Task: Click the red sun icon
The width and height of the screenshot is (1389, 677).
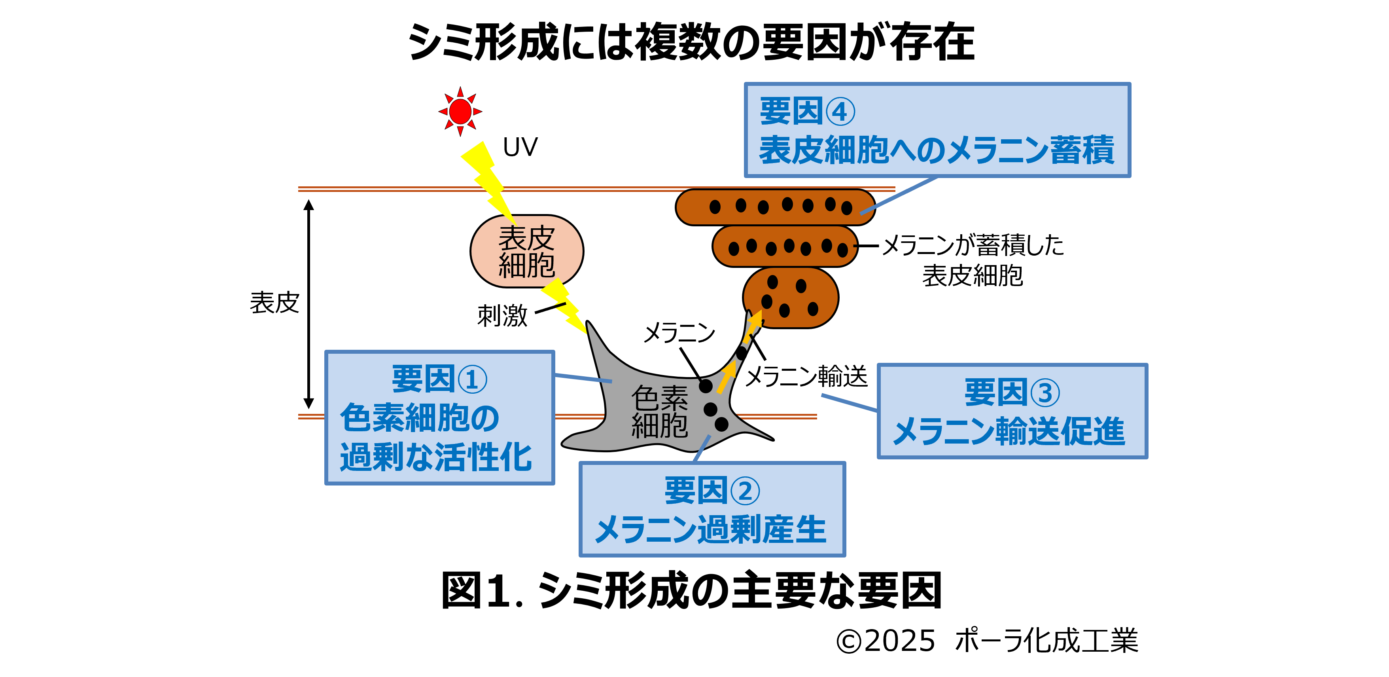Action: click(x=460, y=111)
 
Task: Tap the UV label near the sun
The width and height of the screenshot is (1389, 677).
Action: click(x=520, y=147)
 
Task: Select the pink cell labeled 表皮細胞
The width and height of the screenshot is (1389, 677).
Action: click(x=526, y=251)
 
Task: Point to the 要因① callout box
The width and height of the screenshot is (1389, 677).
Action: click(x=439, y=417)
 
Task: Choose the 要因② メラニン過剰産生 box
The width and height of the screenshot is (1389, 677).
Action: click(x=712, y=509)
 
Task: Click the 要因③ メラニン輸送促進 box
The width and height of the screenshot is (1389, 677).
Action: click(x=1012, y=411)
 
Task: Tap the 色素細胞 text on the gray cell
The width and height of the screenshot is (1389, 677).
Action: click(x=659, y=411)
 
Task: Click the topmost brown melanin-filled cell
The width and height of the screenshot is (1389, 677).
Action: click(x=775, y=207)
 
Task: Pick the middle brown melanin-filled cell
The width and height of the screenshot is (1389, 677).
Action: click(x=785, y=247)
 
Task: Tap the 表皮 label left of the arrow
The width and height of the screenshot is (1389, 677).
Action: click(x=274, y=303)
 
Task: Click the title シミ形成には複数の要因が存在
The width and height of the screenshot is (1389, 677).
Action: click(x=691, y=42)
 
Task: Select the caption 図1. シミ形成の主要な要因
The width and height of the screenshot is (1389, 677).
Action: click(x=691, y=590)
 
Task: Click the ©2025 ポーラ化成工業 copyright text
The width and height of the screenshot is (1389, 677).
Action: click(x=987, y=641)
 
